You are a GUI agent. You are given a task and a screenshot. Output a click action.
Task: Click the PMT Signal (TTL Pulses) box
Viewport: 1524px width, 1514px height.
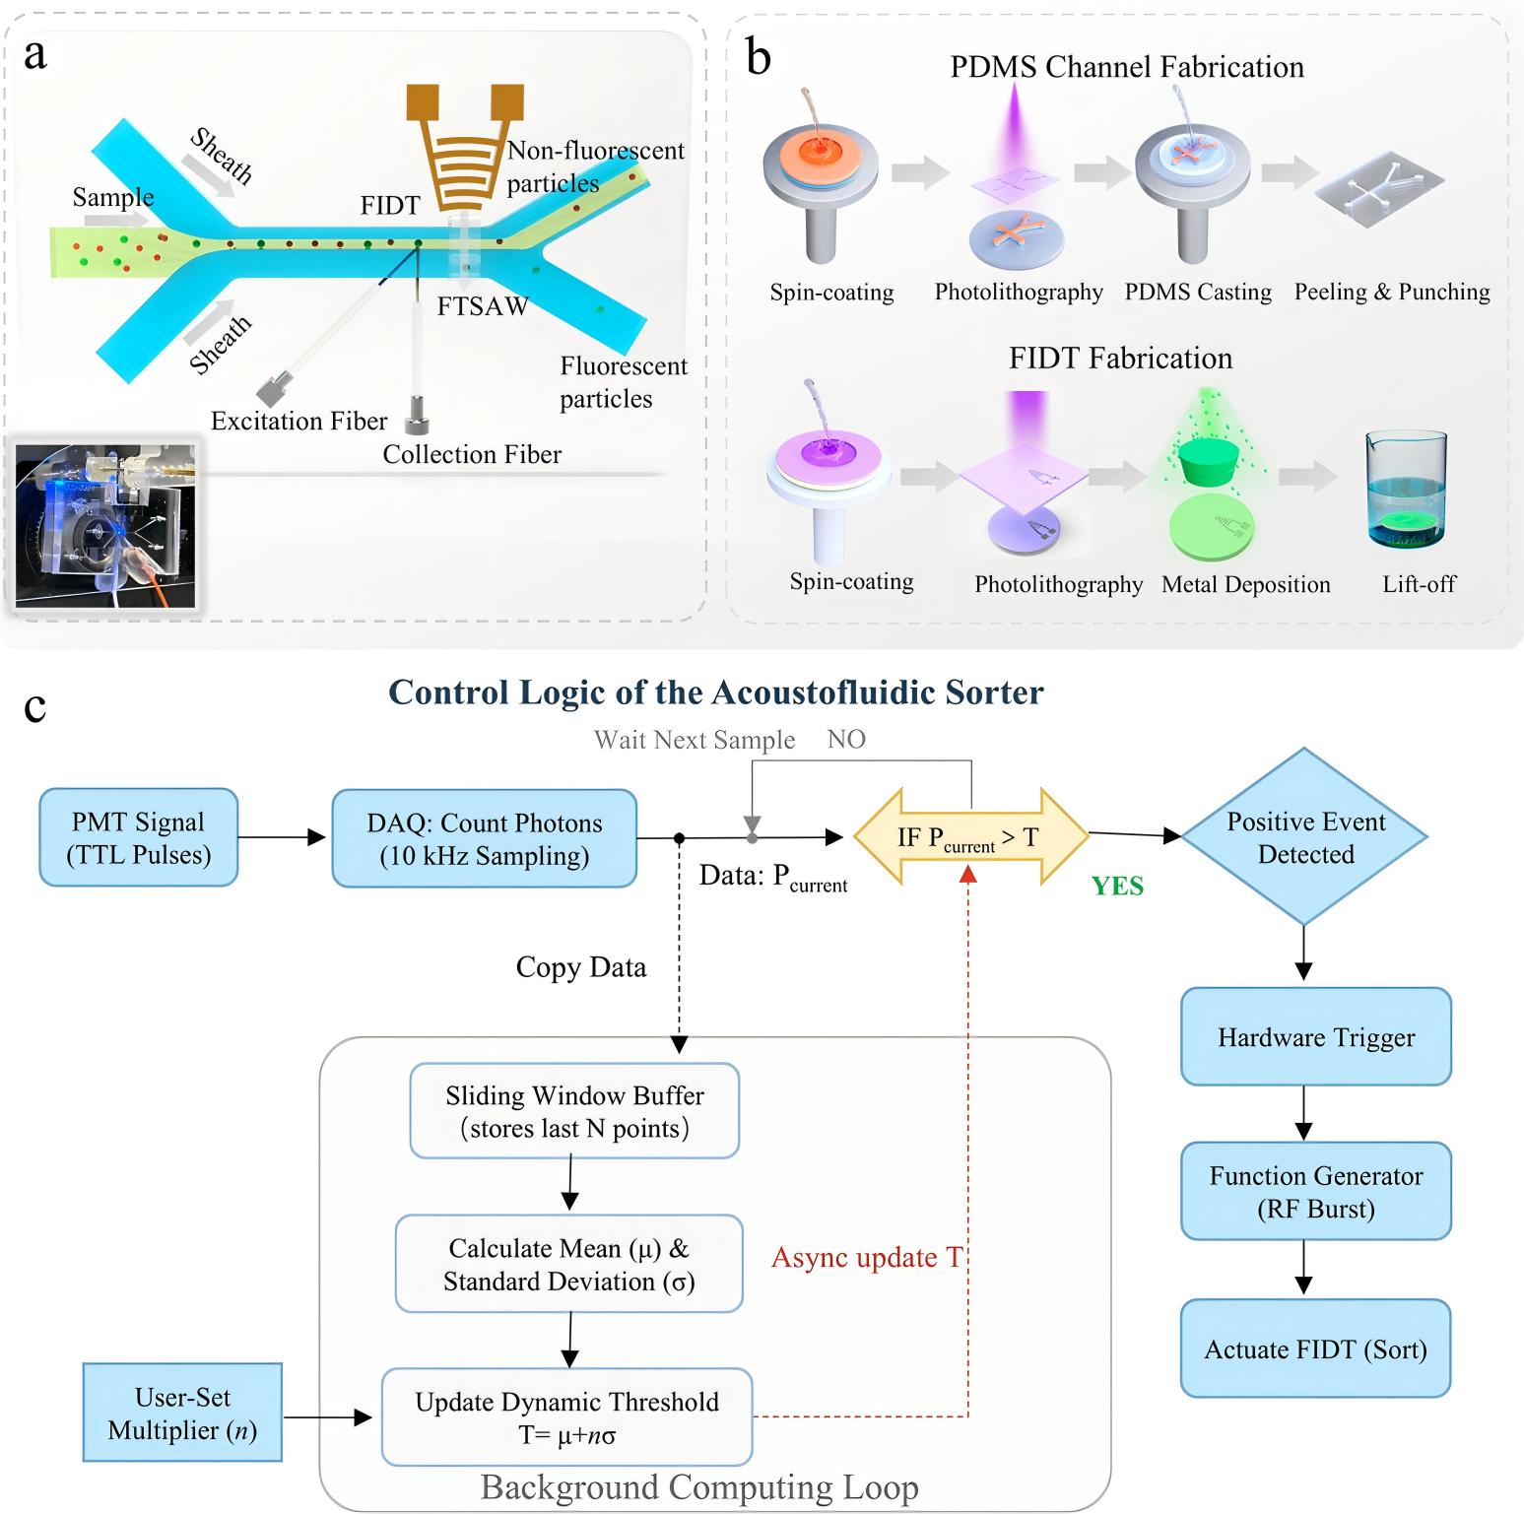(139, 837)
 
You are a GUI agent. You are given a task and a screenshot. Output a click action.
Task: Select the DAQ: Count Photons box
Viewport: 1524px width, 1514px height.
(485, 838)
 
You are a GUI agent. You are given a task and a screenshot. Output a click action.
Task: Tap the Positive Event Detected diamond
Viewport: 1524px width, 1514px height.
(1304, 836)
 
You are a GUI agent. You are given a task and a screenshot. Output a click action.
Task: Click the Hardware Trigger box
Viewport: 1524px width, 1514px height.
(1316, 1036)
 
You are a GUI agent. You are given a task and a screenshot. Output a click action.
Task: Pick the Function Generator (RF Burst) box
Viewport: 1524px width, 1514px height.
(1316, 1191)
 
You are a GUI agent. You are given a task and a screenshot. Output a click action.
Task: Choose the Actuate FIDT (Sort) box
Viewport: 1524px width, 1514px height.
(1316, 1349)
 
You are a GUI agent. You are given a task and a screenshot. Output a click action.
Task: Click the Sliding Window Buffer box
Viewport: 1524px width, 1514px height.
(574, 1111)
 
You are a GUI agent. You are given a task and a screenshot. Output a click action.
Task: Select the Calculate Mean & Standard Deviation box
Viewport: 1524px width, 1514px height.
(569, 1264)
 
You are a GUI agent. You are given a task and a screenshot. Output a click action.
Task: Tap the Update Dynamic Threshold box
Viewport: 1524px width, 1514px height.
(567, 1416)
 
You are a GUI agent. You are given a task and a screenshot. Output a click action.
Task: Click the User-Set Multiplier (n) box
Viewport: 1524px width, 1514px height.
(183, 1413)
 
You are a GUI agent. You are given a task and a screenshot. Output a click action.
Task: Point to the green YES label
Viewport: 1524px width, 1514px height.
(1117, 886)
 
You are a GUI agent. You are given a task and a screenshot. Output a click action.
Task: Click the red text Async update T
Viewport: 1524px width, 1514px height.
(866, 1257)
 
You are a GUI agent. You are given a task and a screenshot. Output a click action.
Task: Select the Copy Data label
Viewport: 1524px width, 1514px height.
(581, 967)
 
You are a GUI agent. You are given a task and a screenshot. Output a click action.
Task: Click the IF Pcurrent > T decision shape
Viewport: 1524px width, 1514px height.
(970, 837)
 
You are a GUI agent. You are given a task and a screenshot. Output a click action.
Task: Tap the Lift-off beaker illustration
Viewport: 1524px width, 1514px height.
(1406, 490)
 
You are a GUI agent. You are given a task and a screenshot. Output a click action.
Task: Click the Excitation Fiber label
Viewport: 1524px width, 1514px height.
(298, 421)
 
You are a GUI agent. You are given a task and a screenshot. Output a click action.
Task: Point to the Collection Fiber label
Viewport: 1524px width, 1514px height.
(472, 454)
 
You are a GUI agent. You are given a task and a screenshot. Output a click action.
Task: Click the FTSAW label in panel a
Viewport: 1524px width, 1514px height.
(483, 306)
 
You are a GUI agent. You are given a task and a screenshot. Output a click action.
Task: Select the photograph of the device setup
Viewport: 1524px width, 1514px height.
(105, 525)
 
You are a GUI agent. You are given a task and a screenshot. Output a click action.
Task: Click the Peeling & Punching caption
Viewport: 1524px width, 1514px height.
(1392, 292)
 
